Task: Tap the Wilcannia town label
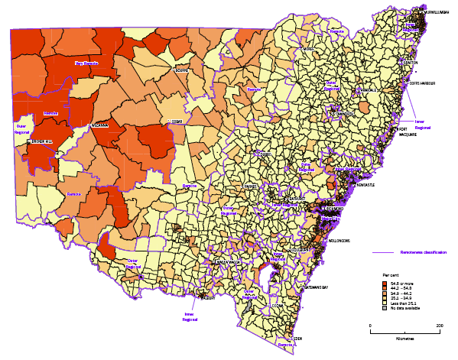pyautogui.click(x=100, y=125)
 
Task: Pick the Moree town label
pyautogui.click(x=309, y=49)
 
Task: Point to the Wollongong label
pyautogui.click(x=340, y=241)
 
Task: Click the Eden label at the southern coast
pyautogui.click(x=299, y=337)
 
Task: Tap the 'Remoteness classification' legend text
pyautogui.click(x=423, y=252)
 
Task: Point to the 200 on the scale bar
pyautogui.click(x=440, y=326)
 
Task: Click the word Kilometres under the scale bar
pyautogui.click(x=404, y=337)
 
